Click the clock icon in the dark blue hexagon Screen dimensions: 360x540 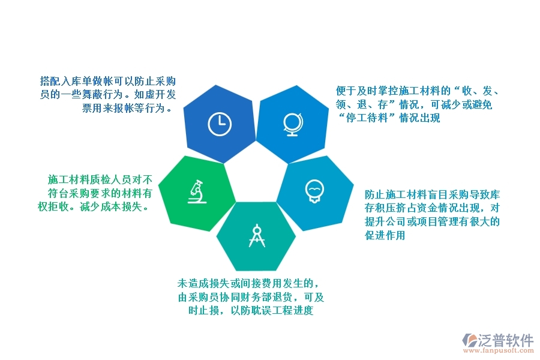pos(219,124)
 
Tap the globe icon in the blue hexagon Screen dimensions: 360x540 pos(292,124)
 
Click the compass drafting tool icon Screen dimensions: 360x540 pos(257,235)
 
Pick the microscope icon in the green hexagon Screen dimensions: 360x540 pos(196,191)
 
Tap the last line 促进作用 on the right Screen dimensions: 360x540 pos(385,235)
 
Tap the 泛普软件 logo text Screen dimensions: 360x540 pos(506,340)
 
